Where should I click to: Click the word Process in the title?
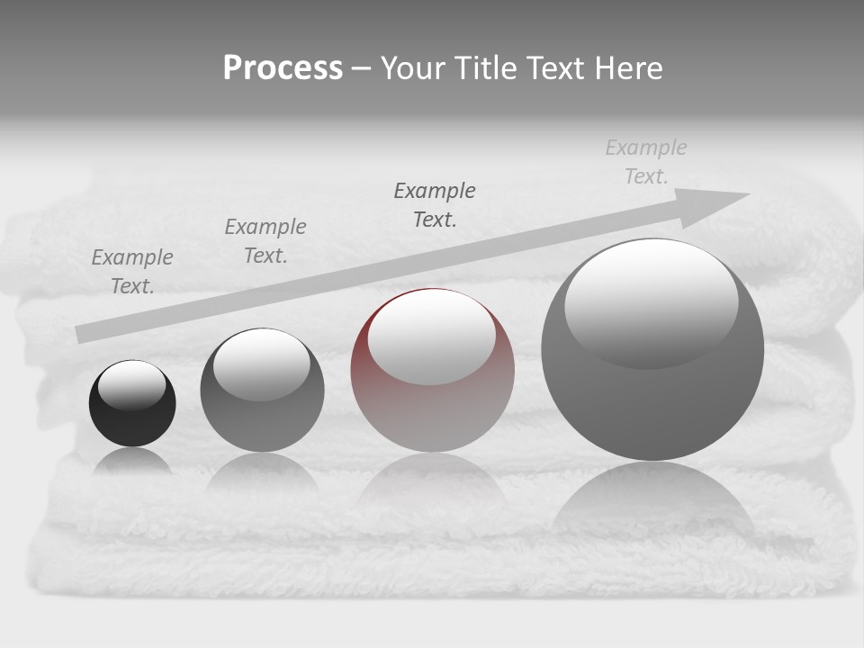point(283,68)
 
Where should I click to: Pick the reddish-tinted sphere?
point(432,396)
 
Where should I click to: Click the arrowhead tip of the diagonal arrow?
point(747,194)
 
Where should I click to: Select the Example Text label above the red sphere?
point(435,205)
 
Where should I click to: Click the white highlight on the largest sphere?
point(652,301)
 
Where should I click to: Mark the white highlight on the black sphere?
point(132,384)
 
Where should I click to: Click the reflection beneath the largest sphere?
point(652,504)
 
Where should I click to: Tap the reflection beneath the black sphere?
point(132,461)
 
